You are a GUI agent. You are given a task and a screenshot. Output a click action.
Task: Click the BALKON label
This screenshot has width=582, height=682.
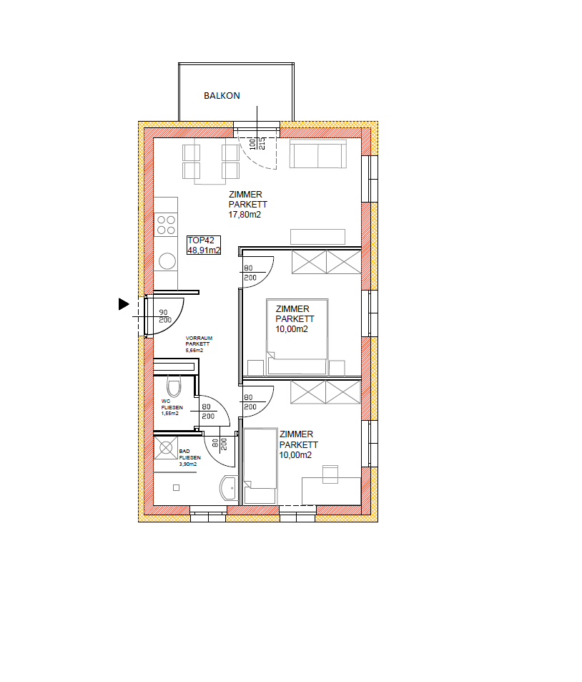click(222, 96)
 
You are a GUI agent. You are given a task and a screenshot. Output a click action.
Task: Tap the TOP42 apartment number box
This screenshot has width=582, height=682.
click(204, 245)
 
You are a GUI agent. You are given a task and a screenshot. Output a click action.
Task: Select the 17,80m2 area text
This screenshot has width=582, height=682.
click(245, 215)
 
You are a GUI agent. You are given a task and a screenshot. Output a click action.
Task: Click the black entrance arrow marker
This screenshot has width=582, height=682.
click(124, 304)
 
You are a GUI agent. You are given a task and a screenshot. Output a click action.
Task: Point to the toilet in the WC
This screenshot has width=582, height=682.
click(174, 386)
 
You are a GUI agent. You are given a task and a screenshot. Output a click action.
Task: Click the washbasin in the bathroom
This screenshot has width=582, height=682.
click(229, 489)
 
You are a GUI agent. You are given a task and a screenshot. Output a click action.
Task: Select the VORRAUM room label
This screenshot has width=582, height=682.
click(199, 338)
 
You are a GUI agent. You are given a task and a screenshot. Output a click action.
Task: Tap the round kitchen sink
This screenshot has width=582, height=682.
click(167, 261)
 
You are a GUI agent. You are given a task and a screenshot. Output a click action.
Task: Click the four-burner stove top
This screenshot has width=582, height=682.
click(166, 225)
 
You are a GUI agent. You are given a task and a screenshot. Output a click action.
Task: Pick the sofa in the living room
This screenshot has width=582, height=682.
click(318, 154)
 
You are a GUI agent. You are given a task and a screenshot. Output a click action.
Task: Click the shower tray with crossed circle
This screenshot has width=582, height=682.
click(166, 448)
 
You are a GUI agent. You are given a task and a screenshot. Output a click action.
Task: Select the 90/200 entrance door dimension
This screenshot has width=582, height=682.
click(164, 316)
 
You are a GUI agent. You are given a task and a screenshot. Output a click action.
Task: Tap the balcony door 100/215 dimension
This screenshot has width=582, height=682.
click(257, 144)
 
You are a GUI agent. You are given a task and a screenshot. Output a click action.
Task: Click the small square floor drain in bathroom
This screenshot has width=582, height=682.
click(176, 487)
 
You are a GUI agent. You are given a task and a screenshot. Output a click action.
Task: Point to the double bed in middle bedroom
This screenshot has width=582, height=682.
click(297, 336)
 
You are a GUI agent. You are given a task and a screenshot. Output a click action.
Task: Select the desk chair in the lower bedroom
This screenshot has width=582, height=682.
click(330, 474)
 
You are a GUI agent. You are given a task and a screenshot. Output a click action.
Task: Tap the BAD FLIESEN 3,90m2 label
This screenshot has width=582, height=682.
click(190, 457)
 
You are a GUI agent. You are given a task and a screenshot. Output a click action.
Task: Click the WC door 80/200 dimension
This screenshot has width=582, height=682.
click(208, 411)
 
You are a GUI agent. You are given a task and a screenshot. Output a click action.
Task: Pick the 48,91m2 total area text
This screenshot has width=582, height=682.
click(204, 250)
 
